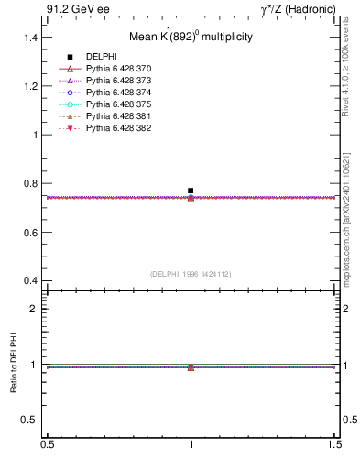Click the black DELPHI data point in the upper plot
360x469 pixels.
click(191, 191)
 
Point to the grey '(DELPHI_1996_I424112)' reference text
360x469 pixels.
click(191, 273)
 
